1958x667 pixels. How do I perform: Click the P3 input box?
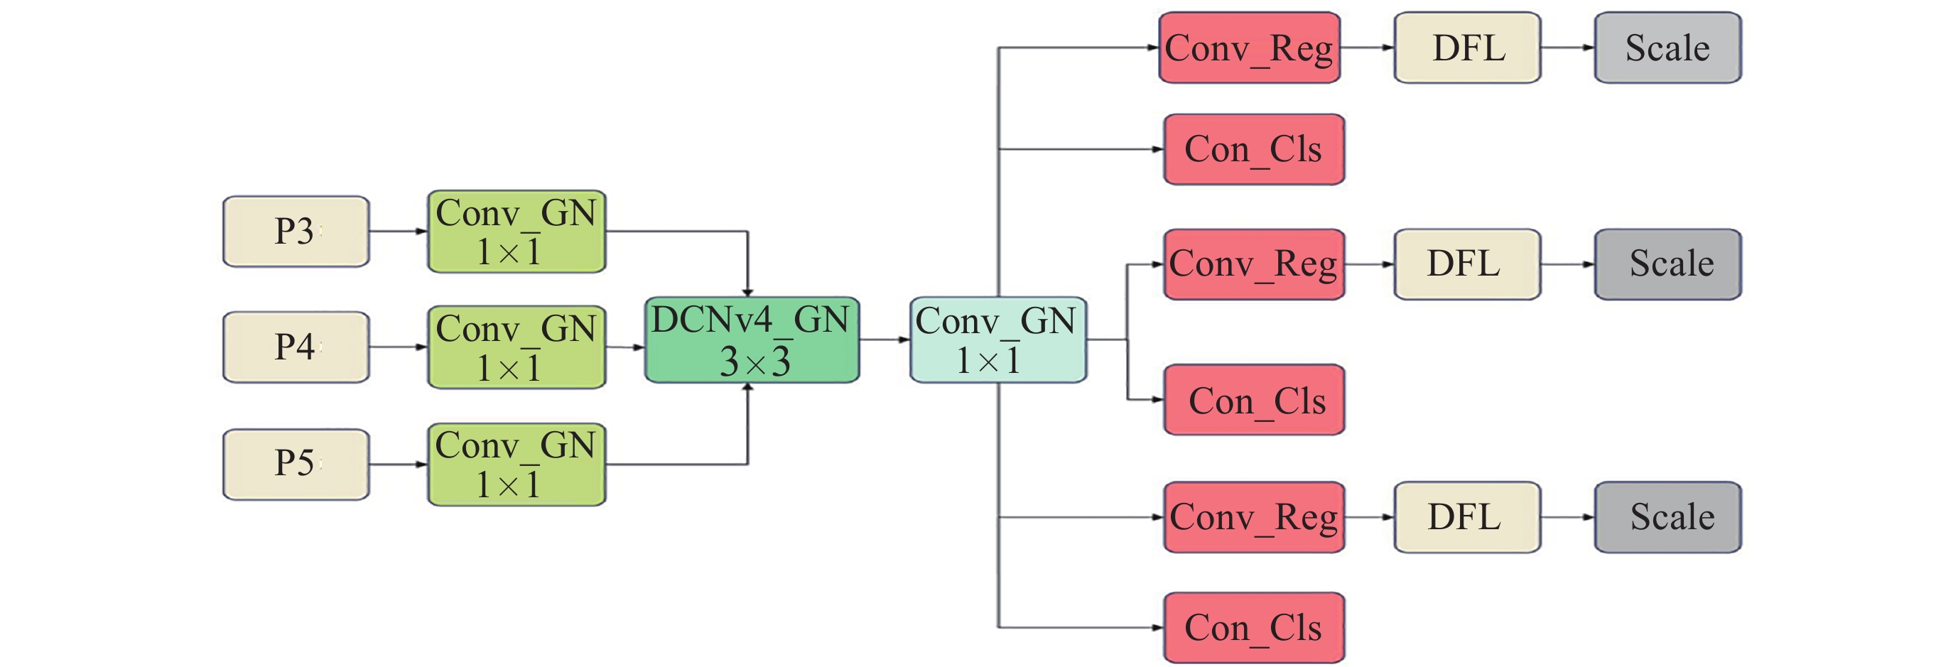[296, 231]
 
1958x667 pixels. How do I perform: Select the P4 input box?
[296, 347]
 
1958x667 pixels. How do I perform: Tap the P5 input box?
[296, 464]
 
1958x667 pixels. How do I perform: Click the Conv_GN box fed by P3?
[517, 232]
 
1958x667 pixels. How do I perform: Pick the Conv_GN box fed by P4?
[517, 347]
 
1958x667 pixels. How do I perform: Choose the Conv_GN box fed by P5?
[517, 464]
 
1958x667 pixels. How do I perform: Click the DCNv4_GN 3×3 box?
[752, 340]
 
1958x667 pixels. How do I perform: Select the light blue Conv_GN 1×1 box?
[998, 340]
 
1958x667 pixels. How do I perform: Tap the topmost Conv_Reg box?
[1250, 47]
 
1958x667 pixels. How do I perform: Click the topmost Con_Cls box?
[1254, 149]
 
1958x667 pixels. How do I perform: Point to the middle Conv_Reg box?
[1254, 264]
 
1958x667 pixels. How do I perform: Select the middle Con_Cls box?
[1254, 400]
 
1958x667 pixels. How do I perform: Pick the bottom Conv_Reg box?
[1254, 517]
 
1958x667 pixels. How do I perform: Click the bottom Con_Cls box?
[1254, 627]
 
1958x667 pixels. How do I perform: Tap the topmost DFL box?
[1468, 47]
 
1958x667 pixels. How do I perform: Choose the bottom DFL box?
[1468, 517]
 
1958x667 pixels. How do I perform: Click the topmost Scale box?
[1668, 47]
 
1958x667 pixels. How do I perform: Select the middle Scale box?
[1668, 264]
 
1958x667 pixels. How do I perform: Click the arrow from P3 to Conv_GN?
[399, 231]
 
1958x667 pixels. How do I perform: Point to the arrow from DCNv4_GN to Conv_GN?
[885, 340]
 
